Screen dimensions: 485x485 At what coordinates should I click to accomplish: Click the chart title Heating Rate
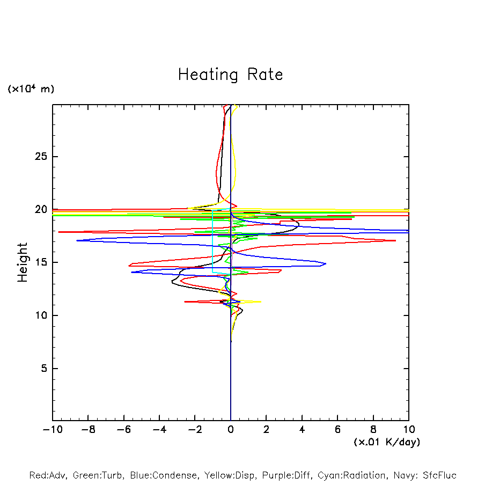coord(230,75)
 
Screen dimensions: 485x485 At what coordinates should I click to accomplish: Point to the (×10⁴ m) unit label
coord(31,89)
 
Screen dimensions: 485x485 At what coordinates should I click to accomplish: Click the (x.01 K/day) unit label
coord(386,442)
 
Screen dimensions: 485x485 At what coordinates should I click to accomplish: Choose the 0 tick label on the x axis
coord(231,430)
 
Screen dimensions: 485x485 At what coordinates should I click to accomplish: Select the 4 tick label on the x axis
coord(302,430)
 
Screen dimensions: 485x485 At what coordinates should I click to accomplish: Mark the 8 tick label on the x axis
coord(373,430)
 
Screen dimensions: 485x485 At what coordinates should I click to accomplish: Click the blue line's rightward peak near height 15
coord(325,263)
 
